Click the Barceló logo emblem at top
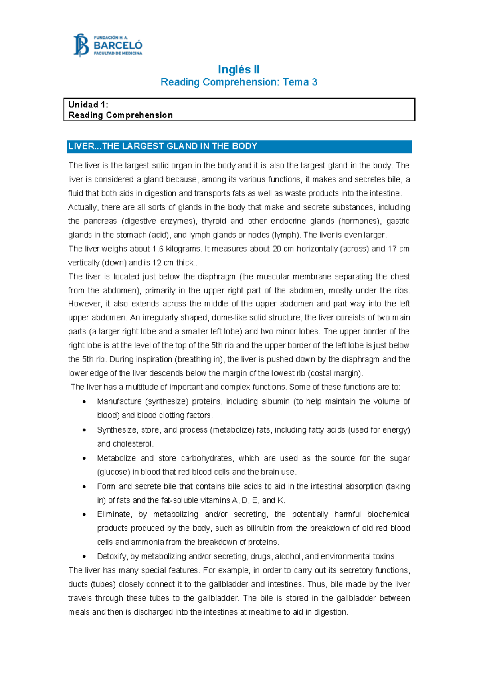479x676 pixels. pos(81,45)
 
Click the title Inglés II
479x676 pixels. pos(239,69)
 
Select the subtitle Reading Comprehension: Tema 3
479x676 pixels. pos(239,82)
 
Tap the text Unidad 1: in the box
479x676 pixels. pos(88,105)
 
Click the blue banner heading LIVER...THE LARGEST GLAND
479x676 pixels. pos(162,146)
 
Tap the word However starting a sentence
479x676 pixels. pos(85,304)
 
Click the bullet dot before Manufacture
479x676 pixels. pos(84,402)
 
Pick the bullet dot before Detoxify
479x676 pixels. pos(84,557)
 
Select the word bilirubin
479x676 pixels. pos(260,528)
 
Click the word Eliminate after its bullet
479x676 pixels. pos(114,514)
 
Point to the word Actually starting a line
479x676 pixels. pos(83,208)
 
